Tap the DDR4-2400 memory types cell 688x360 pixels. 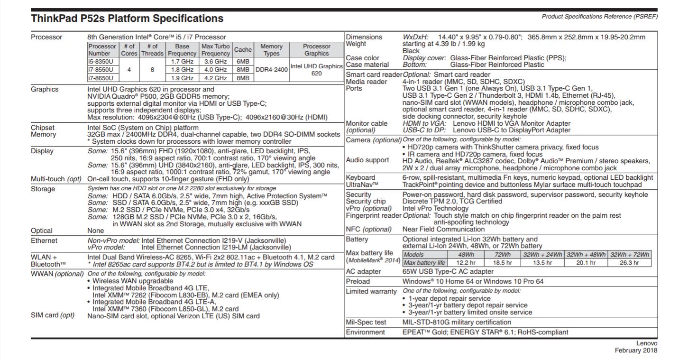pos(272,69)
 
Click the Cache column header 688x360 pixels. pos(243,50)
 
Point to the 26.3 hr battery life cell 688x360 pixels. pos(629,262)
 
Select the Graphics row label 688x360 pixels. pos(45,89)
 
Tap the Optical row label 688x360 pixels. pos(42,231)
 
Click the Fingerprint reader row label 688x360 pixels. pos(374,215)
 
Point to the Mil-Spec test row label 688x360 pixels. pos(366,322)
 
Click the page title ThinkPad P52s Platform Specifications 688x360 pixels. pos(127,18)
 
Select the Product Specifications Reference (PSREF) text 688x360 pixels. pos(599,17)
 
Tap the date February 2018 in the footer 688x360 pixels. pos(636,350)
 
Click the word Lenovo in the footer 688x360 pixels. pos(647,343)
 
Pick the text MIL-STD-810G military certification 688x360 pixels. pos(457,322)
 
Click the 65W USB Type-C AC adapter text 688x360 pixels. pos(448,272)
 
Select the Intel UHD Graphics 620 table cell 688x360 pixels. pos(316,70)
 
